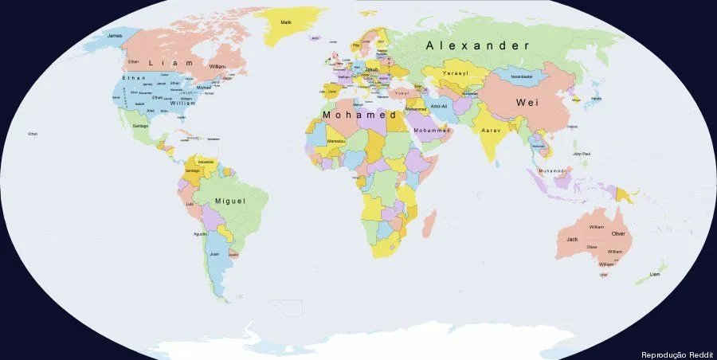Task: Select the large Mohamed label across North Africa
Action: coord(359,115)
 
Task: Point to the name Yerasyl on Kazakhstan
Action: coord(456,72)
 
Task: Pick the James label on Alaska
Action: coord(115,35)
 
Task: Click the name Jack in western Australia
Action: coord(572,239)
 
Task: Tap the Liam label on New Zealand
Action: coord(655,274)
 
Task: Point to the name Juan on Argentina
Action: coord(214,254)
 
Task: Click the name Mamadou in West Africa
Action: coord(336,141)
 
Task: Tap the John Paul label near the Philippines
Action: coord(581,154)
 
